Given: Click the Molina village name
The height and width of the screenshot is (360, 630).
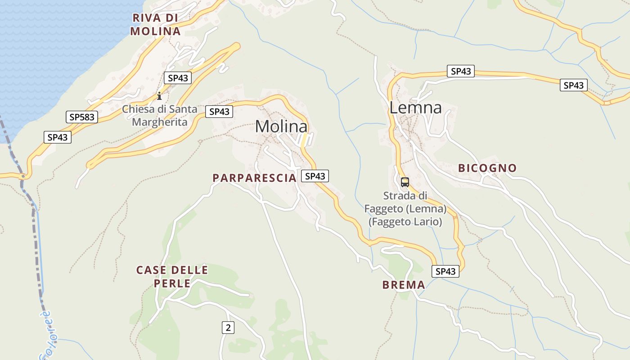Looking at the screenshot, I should [281, 126].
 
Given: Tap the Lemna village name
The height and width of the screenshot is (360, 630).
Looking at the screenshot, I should [415, 108].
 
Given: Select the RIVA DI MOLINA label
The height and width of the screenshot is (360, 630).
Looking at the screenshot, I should [155, 25].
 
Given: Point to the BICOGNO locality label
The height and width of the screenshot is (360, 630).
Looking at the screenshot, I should [487, 168].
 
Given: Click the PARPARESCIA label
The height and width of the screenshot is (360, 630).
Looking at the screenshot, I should [255, 178].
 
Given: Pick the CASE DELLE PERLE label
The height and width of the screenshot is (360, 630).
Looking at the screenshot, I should [172, 276].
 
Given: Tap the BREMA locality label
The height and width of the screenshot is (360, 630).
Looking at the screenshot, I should [404, 285].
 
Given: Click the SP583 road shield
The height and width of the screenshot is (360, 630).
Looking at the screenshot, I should [81, 117].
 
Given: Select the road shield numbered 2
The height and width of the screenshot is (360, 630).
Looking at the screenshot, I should [228, 328].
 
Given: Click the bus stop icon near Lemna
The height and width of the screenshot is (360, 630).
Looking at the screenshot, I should [405, 182].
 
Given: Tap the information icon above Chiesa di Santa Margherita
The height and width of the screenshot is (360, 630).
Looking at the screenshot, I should [159, 96].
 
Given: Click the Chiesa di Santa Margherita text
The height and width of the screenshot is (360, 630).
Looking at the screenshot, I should [160, 115].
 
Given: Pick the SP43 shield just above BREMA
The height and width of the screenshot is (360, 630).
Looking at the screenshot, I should [445, 271].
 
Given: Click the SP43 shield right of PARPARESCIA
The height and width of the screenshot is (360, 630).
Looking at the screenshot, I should [315, 176].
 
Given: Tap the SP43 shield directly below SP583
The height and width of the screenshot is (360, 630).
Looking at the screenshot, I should [58, 137].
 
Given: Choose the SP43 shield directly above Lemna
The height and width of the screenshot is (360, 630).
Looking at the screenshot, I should [460, 71].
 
